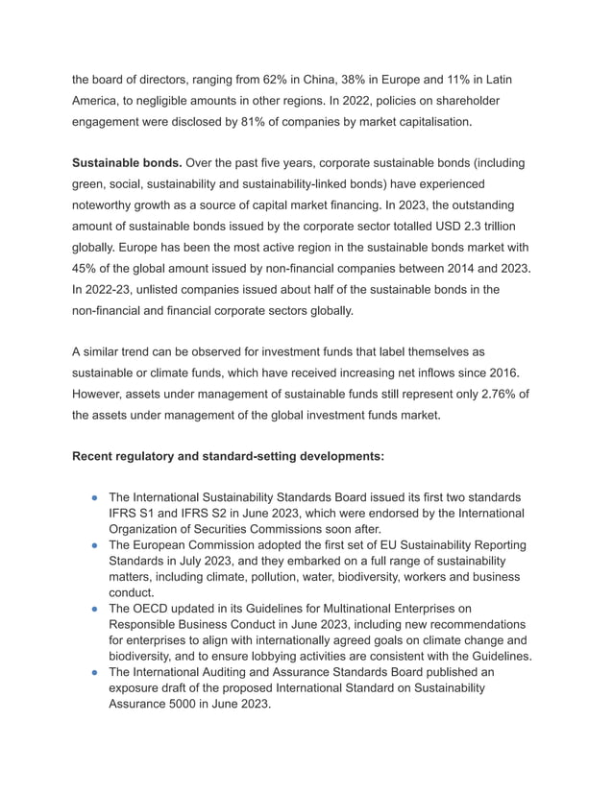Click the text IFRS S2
204,514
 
